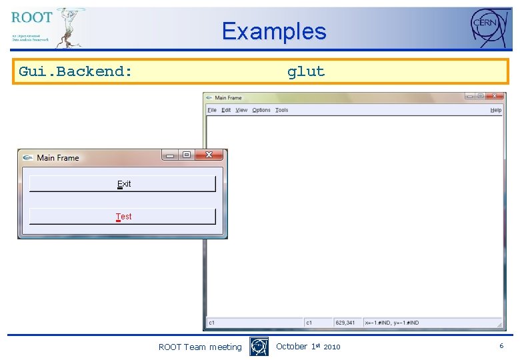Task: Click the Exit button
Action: [123, 183]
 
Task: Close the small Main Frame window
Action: [209, 155]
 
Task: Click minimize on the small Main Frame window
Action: [170, 155]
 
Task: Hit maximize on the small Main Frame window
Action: [187, 155]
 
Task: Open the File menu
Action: [212, 110]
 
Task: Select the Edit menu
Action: [227, 110]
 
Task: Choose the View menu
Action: [241, 110]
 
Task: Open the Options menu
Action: [261, 110]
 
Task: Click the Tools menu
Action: [282, 110]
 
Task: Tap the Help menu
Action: [496, 110]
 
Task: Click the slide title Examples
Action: [274, 31]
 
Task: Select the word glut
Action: [306, 71]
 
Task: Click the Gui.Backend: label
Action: [75, 71]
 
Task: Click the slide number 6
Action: [501, 346]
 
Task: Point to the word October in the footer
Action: [291, 346]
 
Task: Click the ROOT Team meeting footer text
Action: [200, 347]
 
